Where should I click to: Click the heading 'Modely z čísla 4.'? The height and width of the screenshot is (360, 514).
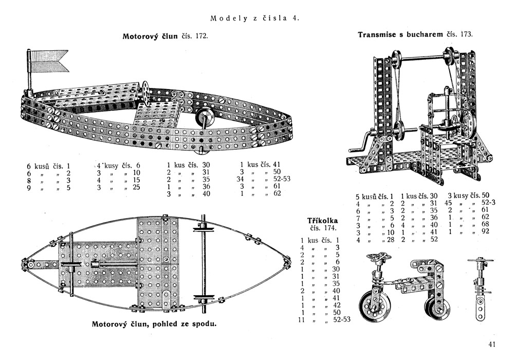pos(255,19)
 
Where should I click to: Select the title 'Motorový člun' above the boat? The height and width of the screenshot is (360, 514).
pos(150,37)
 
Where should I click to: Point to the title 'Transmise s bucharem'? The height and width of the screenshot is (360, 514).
pos(400,35)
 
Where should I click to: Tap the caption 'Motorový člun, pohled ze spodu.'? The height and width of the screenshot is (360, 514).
pos(154,324)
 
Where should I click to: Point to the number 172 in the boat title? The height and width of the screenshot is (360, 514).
pos(201,37)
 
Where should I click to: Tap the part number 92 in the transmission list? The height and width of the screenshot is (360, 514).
pos(484,231)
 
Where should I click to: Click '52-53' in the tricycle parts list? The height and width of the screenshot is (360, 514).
pos(342,320)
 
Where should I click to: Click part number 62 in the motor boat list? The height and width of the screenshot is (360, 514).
pos(277,194)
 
